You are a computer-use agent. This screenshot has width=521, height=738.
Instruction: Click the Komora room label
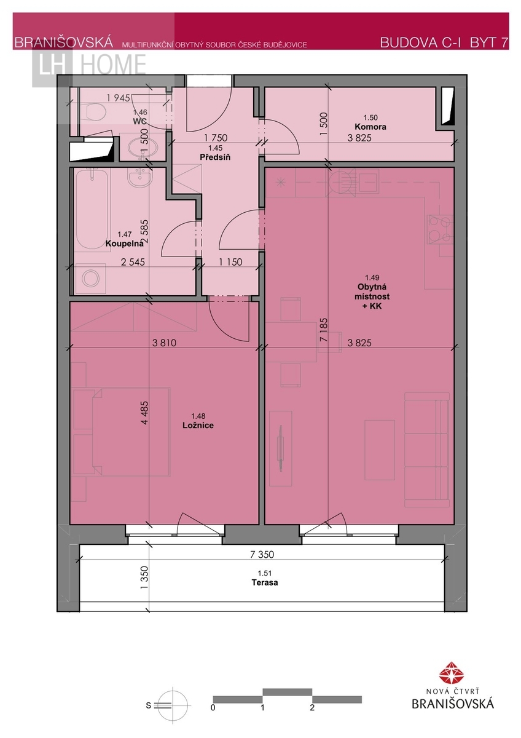(370, 127)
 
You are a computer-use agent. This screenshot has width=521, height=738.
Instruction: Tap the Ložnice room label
(198, 426)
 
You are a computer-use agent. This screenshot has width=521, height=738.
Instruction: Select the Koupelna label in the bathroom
(124, 244)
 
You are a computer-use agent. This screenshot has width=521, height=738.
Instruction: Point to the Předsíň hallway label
(215, 157)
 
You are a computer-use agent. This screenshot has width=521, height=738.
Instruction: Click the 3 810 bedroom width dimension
(164, 343)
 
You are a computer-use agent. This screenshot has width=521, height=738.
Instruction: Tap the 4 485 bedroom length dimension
(144, 413)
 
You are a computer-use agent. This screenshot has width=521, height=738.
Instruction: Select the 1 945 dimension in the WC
(119, 98)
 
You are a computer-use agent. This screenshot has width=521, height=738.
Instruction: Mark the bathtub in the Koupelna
(92, 208)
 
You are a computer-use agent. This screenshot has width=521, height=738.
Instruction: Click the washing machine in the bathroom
(90, 279)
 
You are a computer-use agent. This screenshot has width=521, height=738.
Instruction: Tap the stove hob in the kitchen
(440, 229)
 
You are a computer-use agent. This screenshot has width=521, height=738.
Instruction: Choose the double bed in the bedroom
(121, 432)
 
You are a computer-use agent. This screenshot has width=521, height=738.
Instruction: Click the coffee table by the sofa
(380, 450)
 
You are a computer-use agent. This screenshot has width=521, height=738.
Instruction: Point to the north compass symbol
(173, 705)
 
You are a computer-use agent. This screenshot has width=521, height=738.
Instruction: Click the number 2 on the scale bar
(312, 707)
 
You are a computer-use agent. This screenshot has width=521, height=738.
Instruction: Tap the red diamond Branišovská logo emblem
(452, 673)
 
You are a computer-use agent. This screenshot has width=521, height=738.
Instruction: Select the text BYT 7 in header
(489, 42)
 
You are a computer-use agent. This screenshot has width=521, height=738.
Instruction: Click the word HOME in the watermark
(113, 64)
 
